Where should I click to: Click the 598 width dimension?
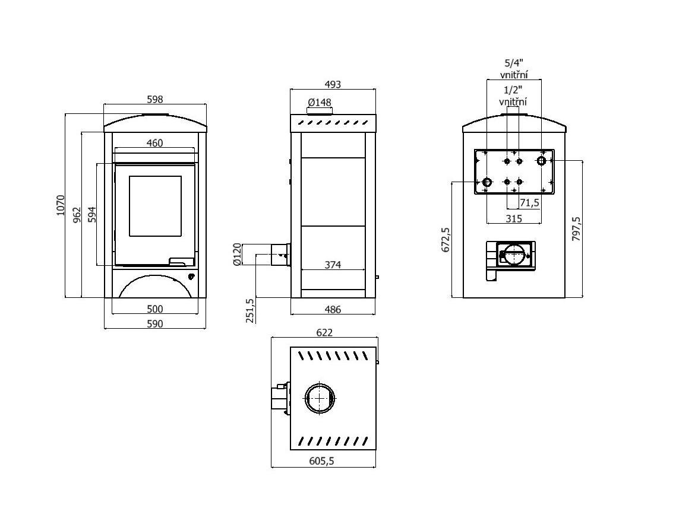pyautogui.click(x=154, y=99)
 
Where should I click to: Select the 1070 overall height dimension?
pyautogui.click(x=61, y=205)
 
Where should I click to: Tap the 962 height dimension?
pyautogui.click(x=77, y=215)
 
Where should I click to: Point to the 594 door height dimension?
pyautogui.click(x=91, y=215)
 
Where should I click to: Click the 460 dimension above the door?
pyautogui.click(x=154, y=143)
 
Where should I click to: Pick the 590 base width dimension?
pyautogui.click(x=154, y=323)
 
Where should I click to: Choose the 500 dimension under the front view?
pyautogui.click(x=154, y=309)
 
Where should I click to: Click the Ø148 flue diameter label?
pyautogui.click(x=320, y=102)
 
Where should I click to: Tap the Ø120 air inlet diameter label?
pyautogui.click(x=237, y=254)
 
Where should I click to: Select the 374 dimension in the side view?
pyautogui.click(x=333, y=265)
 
